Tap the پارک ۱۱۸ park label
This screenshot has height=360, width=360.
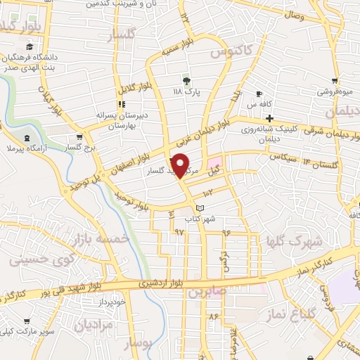click(x=187, y=91)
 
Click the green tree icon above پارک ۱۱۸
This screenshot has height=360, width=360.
click(x=186, y=78)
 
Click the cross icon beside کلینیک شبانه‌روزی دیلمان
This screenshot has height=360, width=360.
click(x=269, y=117)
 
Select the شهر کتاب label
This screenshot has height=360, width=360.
click(x=199, y=219)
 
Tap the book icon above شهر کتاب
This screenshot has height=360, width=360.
click(x=200, y=208)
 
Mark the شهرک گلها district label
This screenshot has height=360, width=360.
click(x=292, y=243)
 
